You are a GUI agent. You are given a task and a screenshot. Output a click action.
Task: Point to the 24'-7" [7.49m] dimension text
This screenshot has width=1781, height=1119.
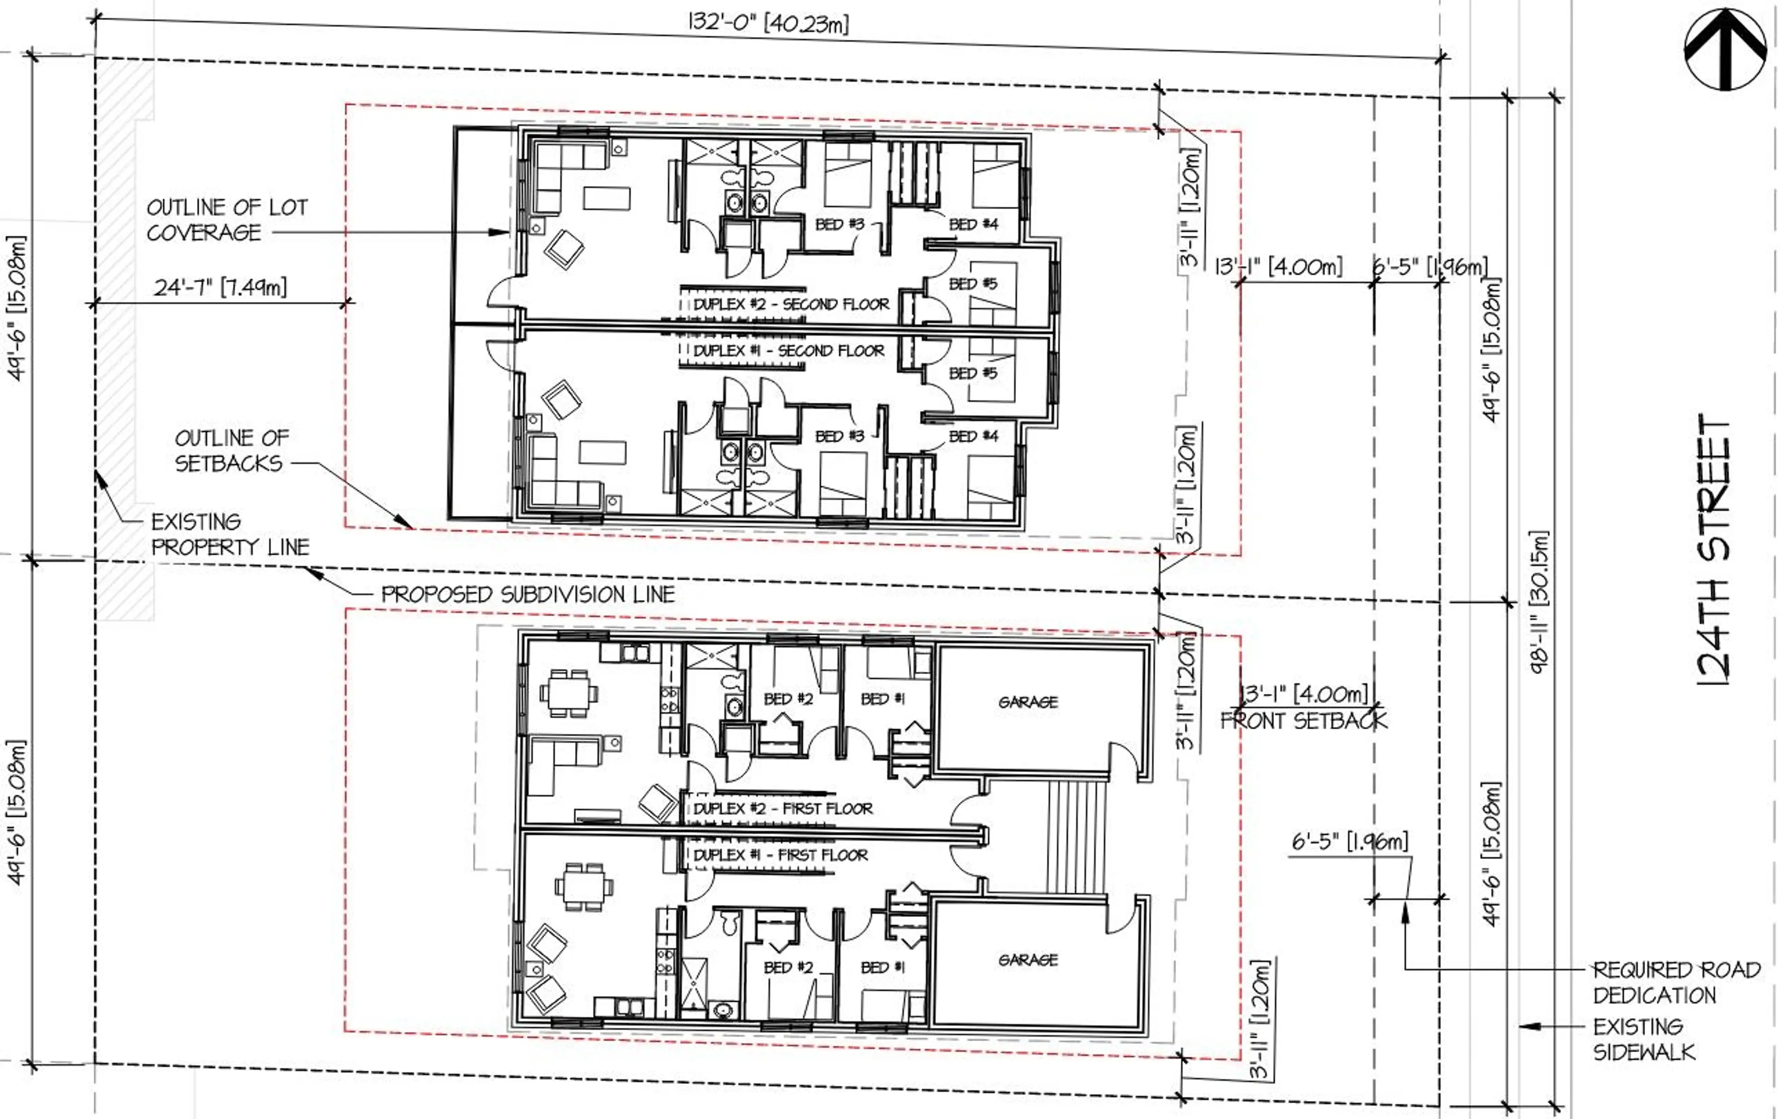coord(220,287)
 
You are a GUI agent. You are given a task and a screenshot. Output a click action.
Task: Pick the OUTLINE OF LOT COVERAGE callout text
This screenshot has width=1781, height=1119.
coord(226,219)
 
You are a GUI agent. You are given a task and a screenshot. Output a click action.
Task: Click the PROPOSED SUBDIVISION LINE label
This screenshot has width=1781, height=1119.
coord(527,594)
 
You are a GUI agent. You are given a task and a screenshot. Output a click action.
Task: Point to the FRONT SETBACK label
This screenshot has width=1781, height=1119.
coord(1303,720)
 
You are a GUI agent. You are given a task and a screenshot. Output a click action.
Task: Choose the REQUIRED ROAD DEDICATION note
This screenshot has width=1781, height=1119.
coord(1675,982)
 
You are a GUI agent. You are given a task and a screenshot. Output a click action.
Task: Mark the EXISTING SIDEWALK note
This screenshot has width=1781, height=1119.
coord(1643,1039)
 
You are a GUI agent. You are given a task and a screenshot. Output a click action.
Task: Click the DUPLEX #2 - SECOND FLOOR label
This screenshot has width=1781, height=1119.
coord(791,304)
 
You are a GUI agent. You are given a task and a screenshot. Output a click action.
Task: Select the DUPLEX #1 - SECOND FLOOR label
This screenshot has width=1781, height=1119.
coord(788,351)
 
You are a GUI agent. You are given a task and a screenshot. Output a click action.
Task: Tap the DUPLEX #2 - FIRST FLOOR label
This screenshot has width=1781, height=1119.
coord(782,808)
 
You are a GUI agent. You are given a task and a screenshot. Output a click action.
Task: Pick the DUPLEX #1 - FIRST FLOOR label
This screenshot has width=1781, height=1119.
coord(780,855)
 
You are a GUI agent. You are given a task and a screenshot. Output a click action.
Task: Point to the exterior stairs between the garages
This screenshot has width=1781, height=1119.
coord(1076,837)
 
